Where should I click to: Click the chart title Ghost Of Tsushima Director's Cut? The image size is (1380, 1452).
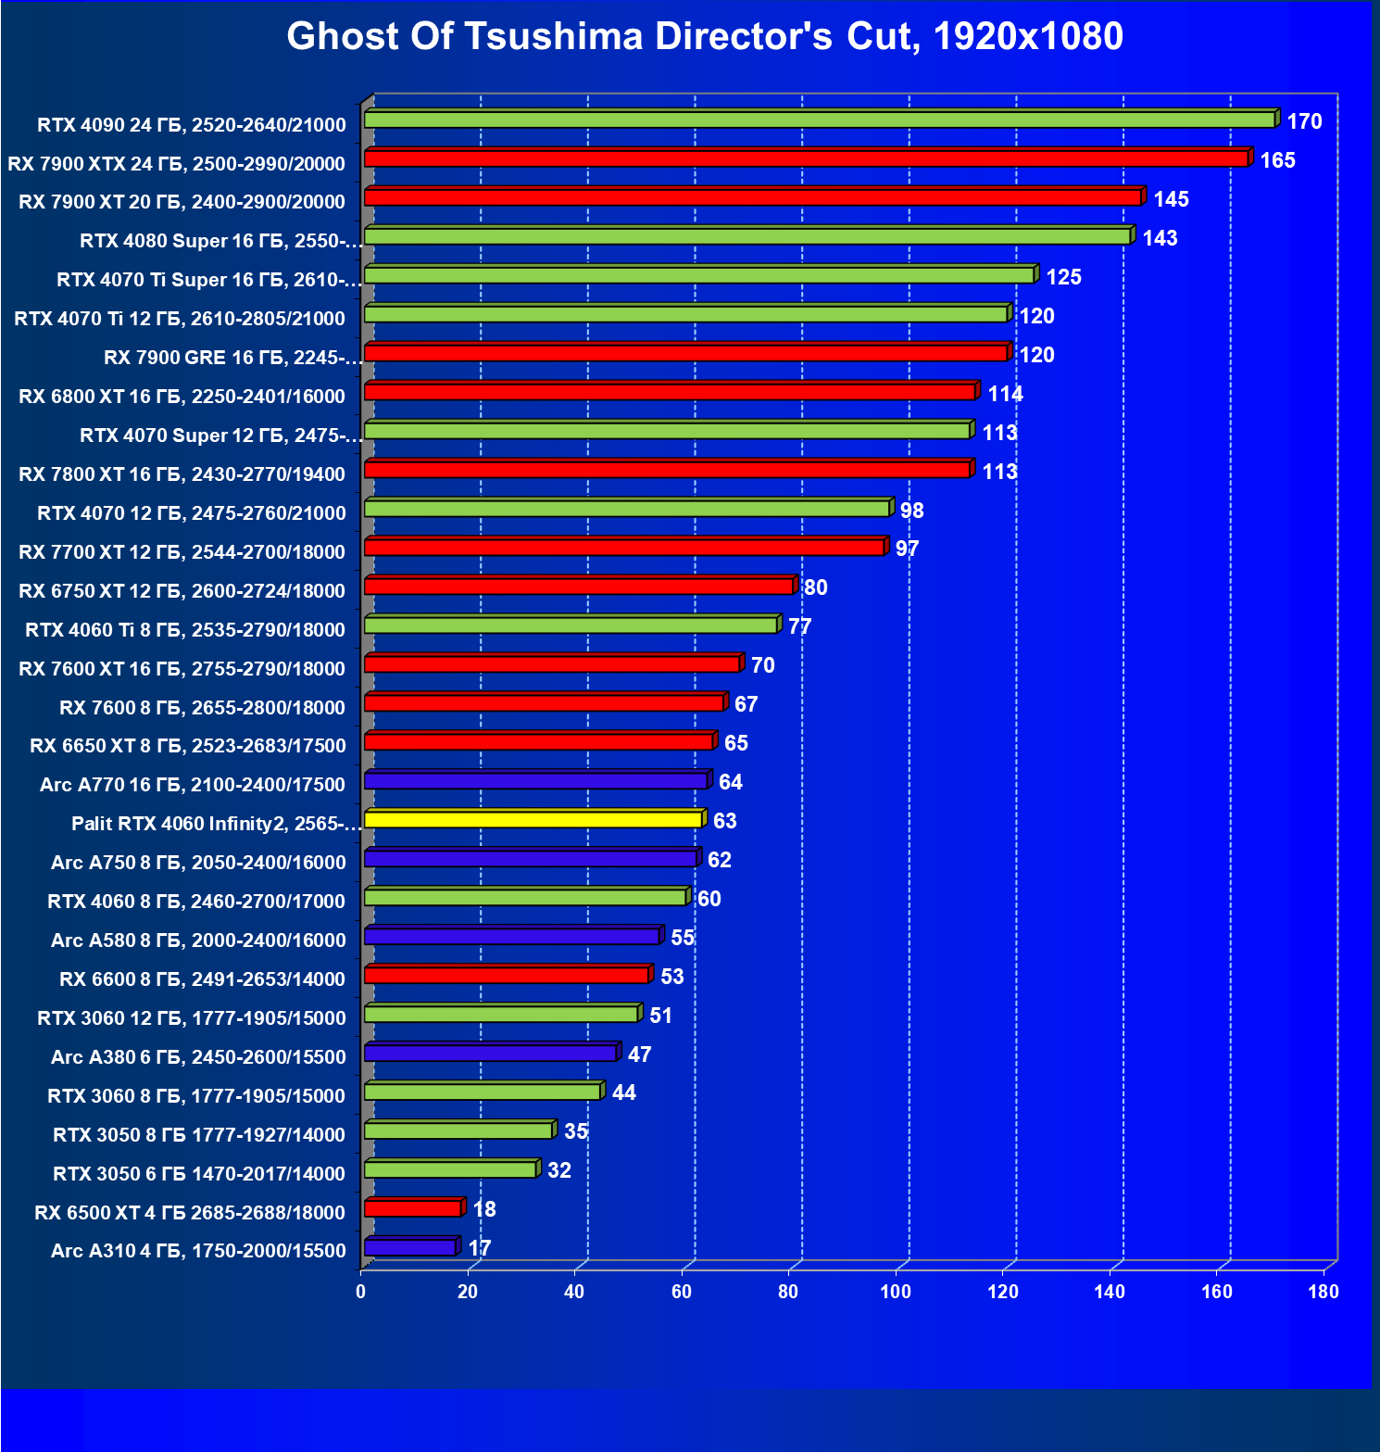(705, 37)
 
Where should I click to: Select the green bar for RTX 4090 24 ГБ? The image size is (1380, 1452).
(820, 120)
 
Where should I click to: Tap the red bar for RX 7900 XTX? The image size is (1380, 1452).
(806, 159)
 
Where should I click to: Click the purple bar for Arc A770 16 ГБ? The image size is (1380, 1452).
(535, 781)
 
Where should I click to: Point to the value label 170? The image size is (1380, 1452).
(1304, 121)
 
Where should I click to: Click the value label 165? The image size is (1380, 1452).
(1277, 160)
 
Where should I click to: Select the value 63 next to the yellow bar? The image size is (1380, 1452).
(725, 821)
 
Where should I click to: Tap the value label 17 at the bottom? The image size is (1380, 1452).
(480, 1248)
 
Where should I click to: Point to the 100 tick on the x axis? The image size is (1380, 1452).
(896, 1292)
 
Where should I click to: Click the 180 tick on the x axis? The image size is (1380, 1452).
(1324, 1292)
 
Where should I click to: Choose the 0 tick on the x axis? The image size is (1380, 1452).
(361, 1292)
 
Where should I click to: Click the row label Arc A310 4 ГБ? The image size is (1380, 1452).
(198, 1251)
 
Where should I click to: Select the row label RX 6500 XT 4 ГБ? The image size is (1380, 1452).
(190, 1212)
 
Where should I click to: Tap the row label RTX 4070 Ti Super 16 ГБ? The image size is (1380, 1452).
(208, 280)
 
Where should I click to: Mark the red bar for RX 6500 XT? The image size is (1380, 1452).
(412, 1208)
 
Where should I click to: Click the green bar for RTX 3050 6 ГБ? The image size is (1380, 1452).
(450, 1169)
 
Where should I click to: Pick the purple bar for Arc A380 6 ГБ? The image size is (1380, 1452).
(490, 1054)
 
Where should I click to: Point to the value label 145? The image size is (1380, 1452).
(1171, 199)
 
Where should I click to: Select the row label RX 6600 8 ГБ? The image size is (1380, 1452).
(202, 979)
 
